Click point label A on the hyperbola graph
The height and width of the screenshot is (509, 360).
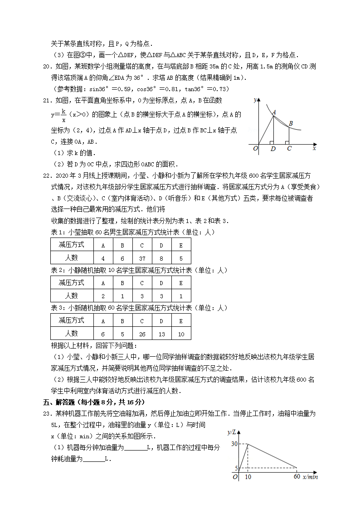click(274, 111)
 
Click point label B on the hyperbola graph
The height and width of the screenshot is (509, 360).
click(291, 123)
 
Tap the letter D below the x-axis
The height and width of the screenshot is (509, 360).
click(272, 148)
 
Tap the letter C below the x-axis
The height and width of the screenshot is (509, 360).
click(289, 148)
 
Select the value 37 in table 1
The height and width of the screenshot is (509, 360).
click(142, 258)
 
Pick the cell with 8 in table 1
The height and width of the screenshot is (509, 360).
click(161, 258)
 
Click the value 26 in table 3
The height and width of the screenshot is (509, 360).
click(142, 334)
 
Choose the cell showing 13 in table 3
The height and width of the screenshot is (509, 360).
click(161, 334)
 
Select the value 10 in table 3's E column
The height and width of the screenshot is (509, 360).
click(181, 334)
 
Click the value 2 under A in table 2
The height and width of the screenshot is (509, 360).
click(103, 296)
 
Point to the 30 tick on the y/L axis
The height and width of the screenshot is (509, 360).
click(234, 444)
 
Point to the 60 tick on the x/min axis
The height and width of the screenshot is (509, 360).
click(296, 477)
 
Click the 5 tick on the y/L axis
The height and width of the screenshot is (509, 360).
click(236, 468)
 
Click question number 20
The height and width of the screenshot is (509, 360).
click(46, 67)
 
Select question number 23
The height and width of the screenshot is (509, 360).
click(46, 414)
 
